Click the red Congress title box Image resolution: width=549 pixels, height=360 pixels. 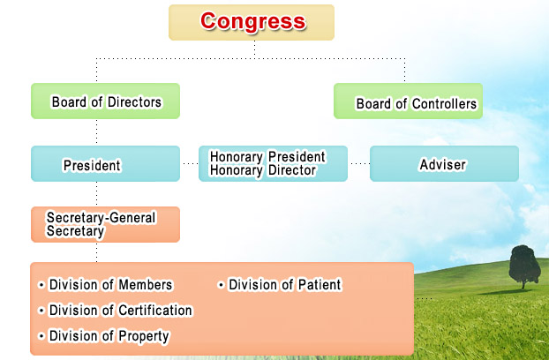click(x=252, y=22)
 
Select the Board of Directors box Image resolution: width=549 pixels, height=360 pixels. click(x=105, y=101)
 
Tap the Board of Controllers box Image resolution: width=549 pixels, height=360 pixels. click(x=409, y=101)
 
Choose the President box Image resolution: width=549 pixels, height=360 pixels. click(x=105, y=163)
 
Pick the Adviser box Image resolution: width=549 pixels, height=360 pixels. click(x=444, y=163)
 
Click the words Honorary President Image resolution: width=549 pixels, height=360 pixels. click(x=267, y=157)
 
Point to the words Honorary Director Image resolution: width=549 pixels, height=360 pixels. click(x=263, y=170)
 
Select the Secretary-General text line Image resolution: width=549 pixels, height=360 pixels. click(x=101, y=218)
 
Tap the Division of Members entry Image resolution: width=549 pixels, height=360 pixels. click(x=105, y=285)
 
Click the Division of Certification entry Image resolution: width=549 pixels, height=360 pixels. click(x=116, y=311)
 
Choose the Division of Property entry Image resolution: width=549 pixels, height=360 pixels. click(x=103, y=336)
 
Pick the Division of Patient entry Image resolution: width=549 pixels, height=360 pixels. click(x=280, y=285)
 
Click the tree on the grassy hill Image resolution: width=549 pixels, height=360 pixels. click(x=524, y=266)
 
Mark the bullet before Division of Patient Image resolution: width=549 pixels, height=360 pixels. click(x=221, y=285)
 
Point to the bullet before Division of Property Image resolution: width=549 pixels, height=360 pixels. click(x=41, y=336)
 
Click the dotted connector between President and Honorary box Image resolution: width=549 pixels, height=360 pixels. click(x=190, y=164)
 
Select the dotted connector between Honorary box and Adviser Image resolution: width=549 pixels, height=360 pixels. click(x=360, y=164)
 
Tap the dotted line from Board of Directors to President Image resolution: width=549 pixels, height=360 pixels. click(x=96, y=132)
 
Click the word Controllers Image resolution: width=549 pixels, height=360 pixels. click(x=444, y=104)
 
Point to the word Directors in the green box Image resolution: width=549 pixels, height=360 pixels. click(x=134, y=102)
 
